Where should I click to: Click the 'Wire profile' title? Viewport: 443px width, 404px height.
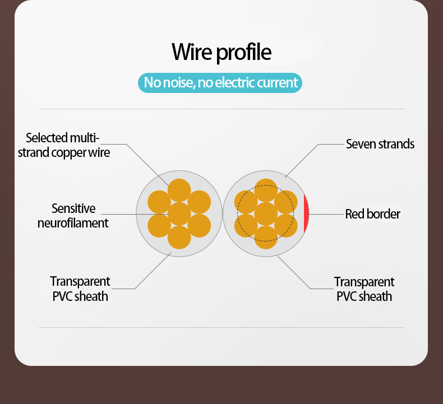[x=221, y=52]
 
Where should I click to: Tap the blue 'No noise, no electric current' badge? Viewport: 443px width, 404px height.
[x=220, y=83]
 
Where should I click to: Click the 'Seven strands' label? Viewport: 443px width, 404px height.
[x=380, y=144]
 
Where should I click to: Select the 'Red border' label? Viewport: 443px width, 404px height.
[x=372, y=214]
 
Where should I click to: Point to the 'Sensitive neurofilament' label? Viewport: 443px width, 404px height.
[x=73, y=216]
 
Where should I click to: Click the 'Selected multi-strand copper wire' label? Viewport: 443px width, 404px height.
[x=63, y=145]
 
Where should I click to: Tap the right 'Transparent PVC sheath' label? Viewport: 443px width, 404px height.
[x=364, y=289]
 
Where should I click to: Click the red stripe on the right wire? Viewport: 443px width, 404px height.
[x=306, y=214]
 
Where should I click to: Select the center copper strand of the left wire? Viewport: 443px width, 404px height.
[x=179, y=213]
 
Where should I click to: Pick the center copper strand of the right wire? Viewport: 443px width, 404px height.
[x=266, y=213]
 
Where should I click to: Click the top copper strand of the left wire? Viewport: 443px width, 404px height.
[x=179, y=190]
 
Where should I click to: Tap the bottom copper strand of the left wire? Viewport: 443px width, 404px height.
[x=179, y=237]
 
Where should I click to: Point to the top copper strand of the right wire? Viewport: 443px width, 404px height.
[x=266, y=190]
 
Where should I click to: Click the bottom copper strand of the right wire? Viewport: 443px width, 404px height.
[x=266, y=237]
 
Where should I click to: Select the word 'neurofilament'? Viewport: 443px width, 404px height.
[x=73, y=223]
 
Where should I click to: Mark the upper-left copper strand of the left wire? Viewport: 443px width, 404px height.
[x=159, y=202]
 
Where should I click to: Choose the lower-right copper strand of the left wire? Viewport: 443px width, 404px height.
[x=200, y=225]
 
